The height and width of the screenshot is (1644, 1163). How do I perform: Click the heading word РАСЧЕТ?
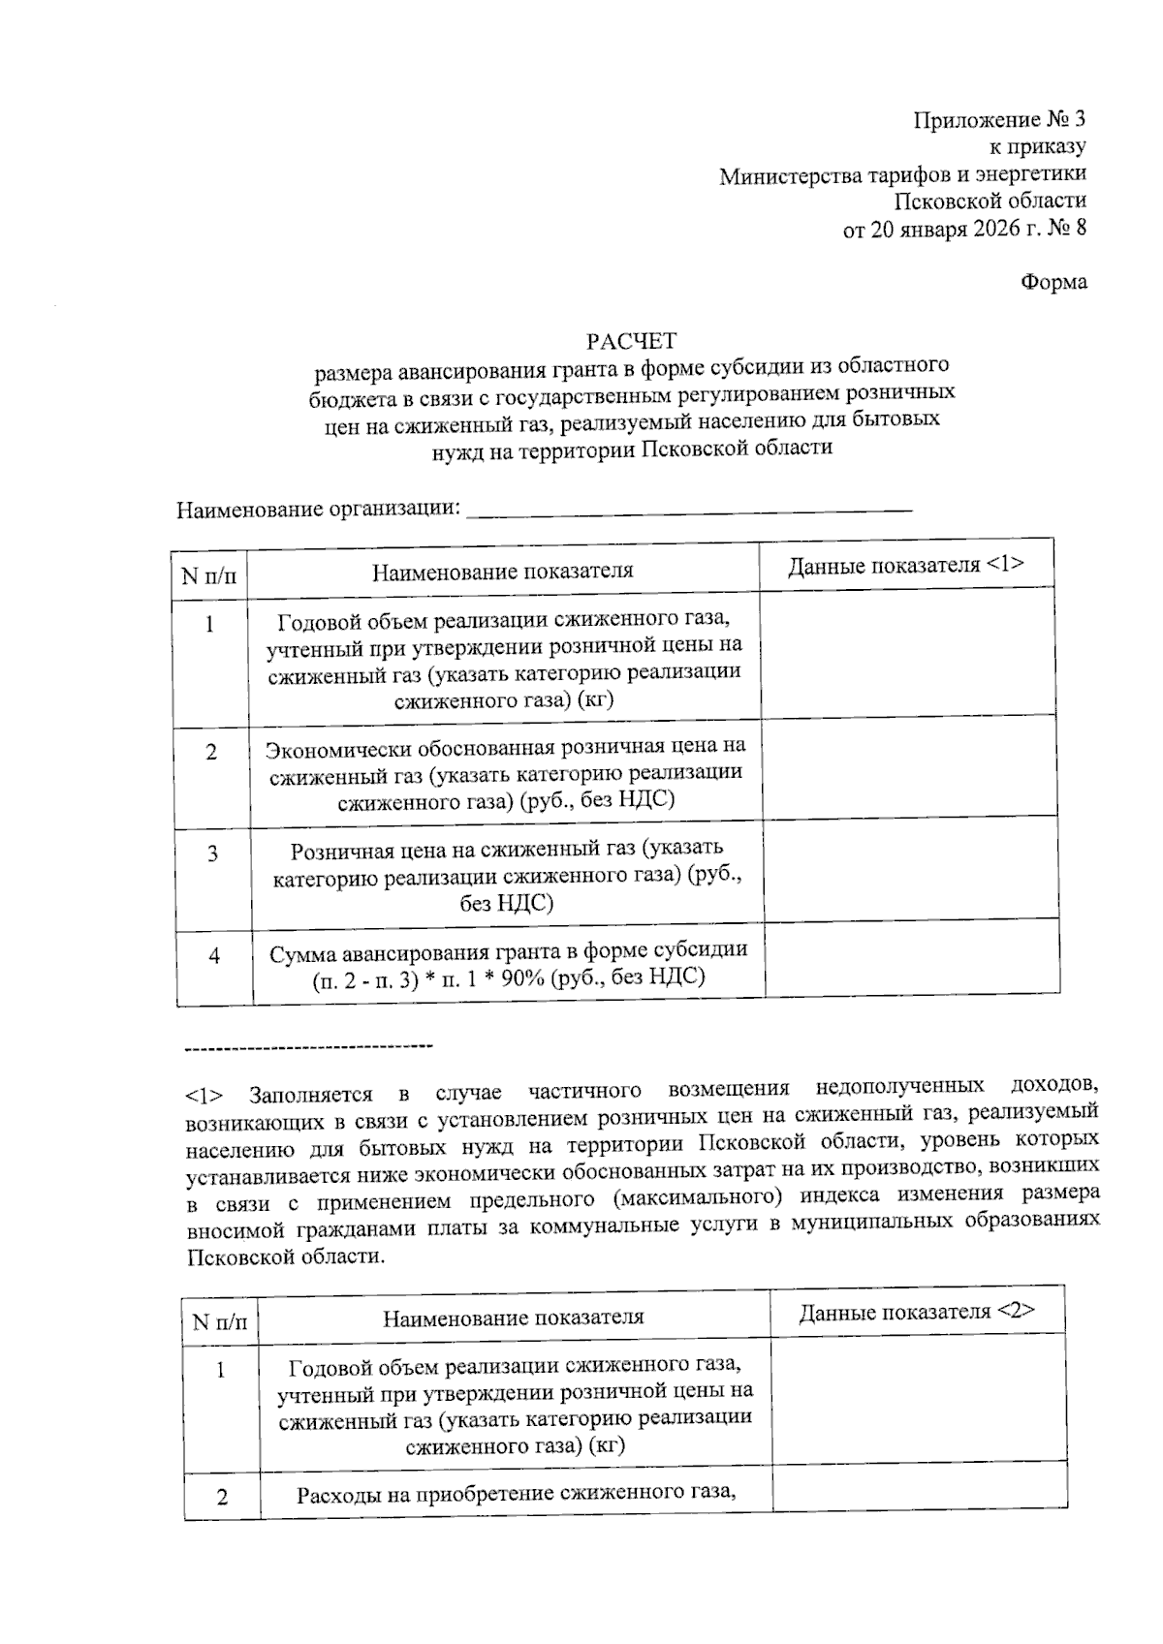point(631,341)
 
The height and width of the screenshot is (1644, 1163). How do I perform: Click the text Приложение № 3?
point(999,120)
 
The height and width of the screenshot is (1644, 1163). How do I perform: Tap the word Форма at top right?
point(1053,282)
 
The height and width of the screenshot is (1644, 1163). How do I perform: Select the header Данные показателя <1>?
point(905,566)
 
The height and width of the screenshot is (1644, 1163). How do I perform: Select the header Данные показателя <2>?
point(917,1312)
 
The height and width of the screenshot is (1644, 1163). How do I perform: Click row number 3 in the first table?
point(212,854)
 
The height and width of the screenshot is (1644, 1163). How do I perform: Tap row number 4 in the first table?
point(213,956)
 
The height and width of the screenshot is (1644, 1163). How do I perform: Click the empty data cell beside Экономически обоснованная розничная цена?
point(908,767)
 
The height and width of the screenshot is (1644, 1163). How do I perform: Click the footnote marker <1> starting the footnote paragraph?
point(204,1096)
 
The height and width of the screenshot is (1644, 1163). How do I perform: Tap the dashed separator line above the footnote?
point(308,1045)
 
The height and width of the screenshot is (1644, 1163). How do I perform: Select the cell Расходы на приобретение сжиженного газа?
point(516,1494)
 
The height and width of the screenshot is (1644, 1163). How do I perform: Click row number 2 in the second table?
point(222,1498)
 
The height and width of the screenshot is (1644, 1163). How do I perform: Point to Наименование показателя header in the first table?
point(503,571)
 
